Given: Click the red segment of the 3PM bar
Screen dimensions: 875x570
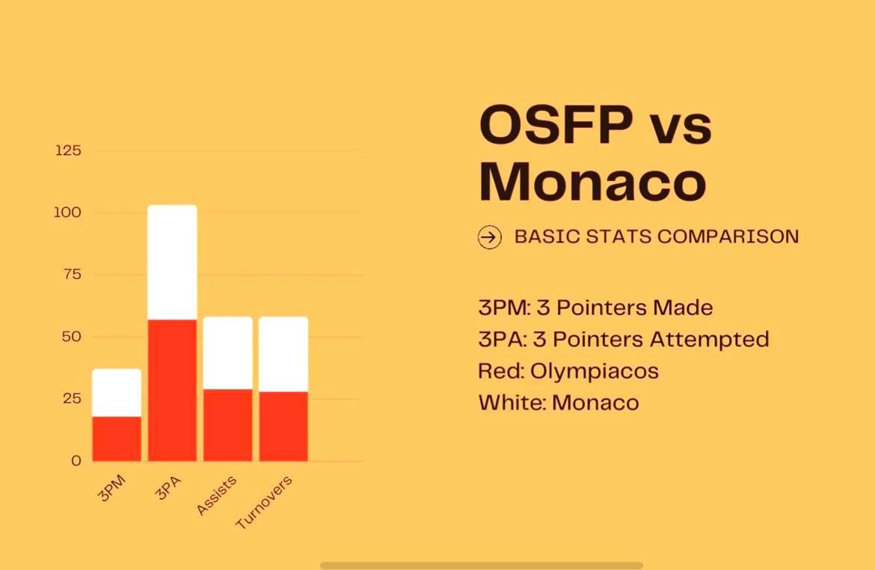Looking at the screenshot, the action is coord(117,439).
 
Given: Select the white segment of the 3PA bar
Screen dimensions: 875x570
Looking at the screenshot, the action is coord(173,263).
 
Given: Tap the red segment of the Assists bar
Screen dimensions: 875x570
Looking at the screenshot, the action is coord(227,426).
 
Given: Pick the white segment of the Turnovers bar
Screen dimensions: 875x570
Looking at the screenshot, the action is coord(283,355).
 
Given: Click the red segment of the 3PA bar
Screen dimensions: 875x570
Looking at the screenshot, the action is coord(173,390).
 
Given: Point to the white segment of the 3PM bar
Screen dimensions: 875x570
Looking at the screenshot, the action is coord(117,393).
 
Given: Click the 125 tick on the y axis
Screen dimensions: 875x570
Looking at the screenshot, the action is coord(68,151).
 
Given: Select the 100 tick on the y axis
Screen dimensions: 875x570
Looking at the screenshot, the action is coord(67,212).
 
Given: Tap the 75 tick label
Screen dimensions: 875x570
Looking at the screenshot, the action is coord(72,275).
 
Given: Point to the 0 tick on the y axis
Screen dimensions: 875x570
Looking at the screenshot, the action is coord(76,461).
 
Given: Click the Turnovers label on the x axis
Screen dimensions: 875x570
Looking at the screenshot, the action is coord(264,503).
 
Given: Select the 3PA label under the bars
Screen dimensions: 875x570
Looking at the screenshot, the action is coord(168,488).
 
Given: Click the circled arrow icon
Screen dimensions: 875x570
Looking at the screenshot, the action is coord(489,237).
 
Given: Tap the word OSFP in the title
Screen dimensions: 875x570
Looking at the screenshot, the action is coord(556,124).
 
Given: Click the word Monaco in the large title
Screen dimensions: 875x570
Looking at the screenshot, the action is coord(592,182).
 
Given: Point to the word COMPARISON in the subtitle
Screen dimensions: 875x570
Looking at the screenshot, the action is coord(728,236).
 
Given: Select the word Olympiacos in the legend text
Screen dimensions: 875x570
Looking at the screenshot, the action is coord(595,371).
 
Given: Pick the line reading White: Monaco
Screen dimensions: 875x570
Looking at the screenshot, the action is coord(559,402).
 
